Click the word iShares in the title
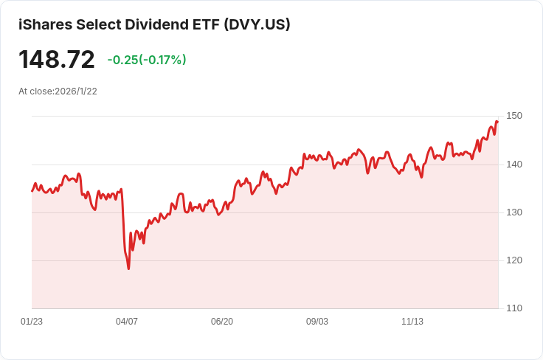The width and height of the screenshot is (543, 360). (x=43, y=24)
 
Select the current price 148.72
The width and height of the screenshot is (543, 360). (x=57, y=60)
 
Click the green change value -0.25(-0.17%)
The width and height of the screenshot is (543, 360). (x=147, y=60)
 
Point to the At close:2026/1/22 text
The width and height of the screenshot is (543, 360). (x=58, y=91)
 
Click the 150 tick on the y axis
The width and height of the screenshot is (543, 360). (x=514, y=116)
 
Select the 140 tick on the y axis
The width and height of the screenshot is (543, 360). (x=514, y=164)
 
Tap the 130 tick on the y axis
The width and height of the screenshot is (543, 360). (x=514, y=212)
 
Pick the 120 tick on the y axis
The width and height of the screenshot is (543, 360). (x=514, y=260)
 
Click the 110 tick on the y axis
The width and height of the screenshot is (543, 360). (x=514, y=308)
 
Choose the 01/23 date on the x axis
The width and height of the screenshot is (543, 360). (x=32, y=322)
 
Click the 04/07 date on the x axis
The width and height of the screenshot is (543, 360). (x=127, y=322)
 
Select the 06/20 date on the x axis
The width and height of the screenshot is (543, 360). (x=222, y=322)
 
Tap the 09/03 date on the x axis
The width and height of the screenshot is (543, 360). (x=317, y=322)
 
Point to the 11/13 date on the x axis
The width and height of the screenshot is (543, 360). (x=412, y=322)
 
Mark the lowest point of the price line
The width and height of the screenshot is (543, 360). (x=128, y=269)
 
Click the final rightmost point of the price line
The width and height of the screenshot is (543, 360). (x=497, y=122)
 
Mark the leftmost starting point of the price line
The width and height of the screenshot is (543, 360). (x=32, y=190)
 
